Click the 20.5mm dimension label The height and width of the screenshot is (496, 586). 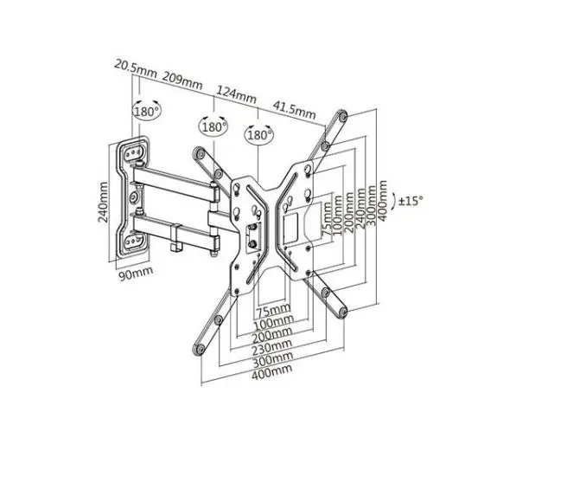click(x=135, y=68)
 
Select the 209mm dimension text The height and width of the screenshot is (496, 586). click(x=182, y=81)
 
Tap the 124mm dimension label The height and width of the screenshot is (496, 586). click(x=237, y=94)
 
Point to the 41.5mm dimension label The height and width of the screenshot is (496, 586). click(x=294, y=108)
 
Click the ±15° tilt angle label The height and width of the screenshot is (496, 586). click(x=411, y=201)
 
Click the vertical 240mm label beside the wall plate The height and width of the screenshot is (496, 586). click(x=103, y=203)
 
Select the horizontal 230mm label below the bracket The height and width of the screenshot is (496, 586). click(x=271, y=348)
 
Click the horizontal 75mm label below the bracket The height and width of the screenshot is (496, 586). click(x=273, y=311)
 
